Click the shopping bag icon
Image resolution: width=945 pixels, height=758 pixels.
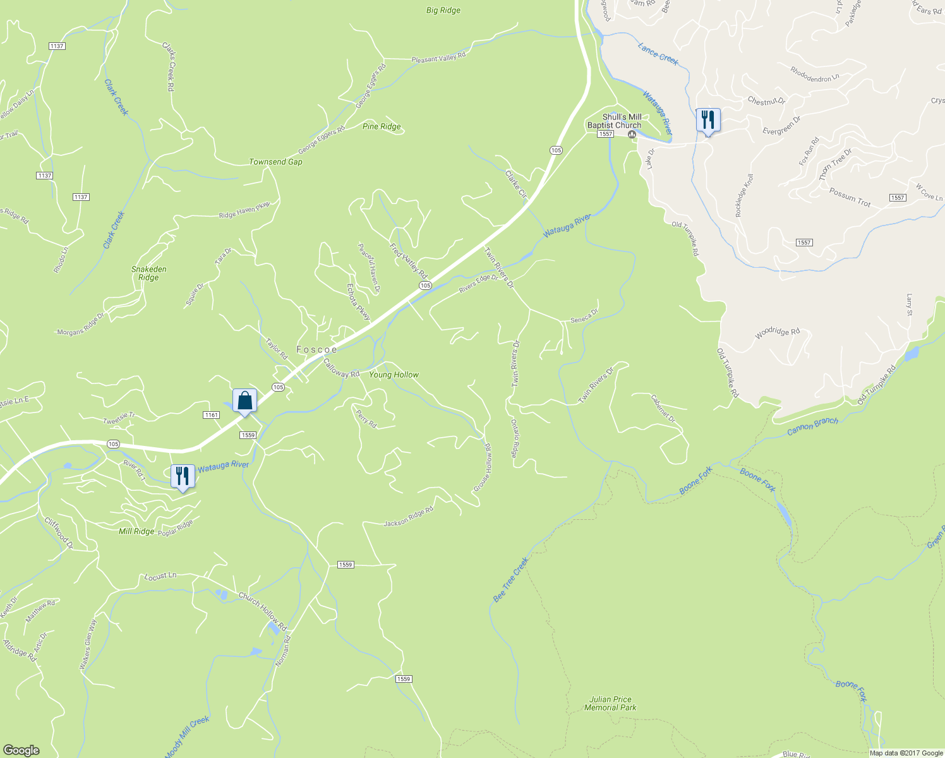244,400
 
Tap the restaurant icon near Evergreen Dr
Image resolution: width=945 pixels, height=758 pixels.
708,120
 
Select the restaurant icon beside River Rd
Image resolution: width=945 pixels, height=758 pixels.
183,476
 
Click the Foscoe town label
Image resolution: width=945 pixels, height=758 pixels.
316,349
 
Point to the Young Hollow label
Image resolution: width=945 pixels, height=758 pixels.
394,375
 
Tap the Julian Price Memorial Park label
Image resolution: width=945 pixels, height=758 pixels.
610,703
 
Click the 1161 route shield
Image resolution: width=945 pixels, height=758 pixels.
211,414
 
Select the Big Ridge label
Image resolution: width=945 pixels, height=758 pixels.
443,10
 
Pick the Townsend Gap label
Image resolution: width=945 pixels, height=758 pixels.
275,162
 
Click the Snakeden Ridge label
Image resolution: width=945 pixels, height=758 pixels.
149,273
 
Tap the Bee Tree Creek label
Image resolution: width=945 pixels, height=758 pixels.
510,579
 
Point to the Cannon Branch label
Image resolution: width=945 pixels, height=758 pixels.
812,426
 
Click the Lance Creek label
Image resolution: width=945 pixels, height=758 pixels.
658,54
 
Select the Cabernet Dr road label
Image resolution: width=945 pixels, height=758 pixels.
663,409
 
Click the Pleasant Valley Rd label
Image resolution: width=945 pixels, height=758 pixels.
438,57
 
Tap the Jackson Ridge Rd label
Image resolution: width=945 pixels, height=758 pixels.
409,517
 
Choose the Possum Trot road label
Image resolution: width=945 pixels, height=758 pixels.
850,198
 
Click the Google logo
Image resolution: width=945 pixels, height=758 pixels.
21,750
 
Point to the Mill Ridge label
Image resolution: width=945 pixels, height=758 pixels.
136,531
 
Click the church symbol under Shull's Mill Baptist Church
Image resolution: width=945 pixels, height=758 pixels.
631,134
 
